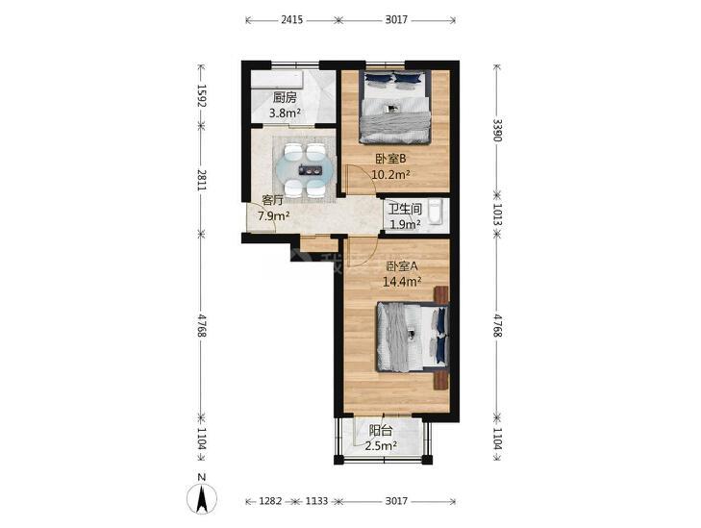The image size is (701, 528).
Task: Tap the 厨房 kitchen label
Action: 285,97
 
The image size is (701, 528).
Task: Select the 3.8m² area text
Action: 285,113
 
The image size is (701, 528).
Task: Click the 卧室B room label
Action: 390,159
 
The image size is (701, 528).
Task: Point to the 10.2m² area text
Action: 390,174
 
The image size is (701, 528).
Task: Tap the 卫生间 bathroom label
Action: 405,209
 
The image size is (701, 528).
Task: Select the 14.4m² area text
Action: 402,282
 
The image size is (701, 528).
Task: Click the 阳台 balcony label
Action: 381,431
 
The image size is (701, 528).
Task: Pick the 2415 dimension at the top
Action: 292,19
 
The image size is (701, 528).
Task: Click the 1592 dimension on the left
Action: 202,95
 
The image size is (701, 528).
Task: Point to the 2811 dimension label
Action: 202,180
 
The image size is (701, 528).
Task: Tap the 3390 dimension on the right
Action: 497,130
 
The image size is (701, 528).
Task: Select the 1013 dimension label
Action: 497,215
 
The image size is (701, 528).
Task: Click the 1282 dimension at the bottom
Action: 270,501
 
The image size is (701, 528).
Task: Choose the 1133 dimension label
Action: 316,501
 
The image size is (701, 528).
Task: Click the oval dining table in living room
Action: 305,170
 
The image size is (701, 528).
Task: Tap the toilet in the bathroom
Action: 436,214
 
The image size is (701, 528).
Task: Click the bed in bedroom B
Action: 395,107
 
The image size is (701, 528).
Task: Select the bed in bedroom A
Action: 413,338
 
